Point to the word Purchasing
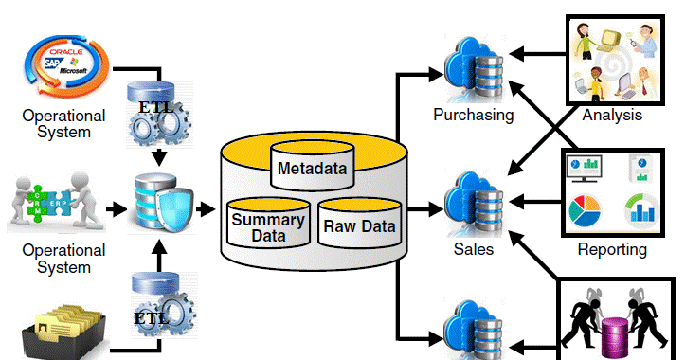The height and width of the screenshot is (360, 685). tap(473, 116)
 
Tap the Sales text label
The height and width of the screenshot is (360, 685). tap(473, 249)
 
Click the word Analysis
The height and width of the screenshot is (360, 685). tap(612, 116)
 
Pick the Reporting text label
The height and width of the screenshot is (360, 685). tap(612, 250)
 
